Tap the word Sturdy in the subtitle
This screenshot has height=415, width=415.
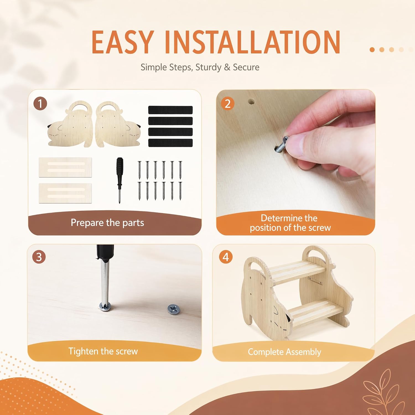(208, 68)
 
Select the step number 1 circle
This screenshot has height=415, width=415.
(40, 104)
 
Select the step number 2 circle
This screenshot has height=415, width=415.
(227, 104)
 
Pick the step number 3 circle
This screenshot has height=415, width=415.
(39, 257)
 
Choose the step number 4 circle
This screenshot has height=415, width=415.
(226, 257)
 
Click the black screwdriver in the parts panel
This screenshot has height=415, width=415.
(120, 180)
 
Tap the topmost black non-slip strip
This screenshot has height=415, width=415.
(170, 110)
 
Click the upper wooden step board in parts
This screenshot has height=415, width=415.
(65, 167)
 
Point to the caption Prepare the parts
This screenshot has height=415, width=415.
(107, 223)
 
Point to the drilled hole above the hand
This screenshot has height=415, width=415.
(251, 102)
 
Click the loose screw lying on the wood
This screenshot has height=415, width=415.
(174, 309)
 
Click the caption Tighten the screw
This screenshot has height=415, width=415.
(103, 351)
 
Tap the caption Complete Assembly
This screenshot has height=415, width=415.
(284, 352)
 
